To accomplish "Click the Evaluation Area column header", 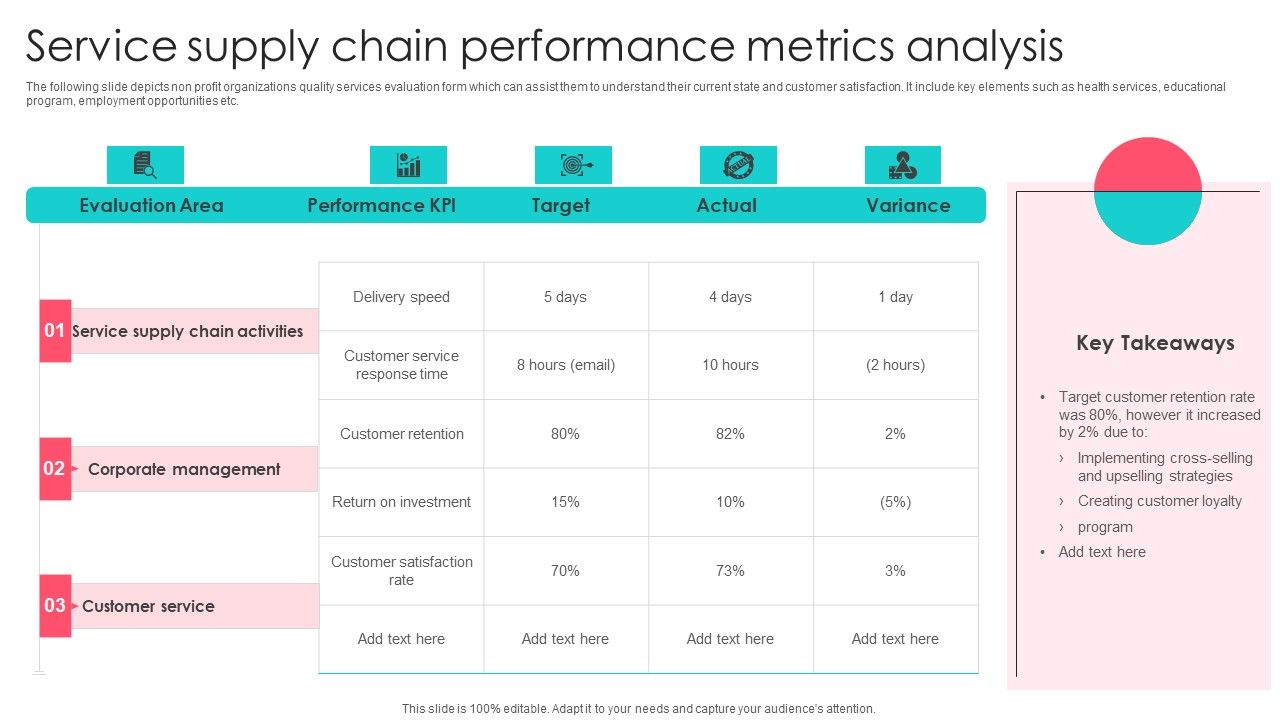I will pos(151,205).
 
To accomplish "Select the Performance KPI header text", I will pos(381,205).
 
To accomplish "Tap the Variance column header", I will pos(908,205).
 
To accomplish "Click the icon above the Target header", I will pos(573,165).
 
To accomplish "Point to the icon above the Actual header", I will pos(738,165).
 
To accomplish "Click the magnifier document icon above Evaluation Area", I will pos(145,165).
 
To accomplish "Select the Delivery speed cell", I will pos(401,297).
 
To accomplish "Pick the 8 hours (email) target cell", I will pos(566,365).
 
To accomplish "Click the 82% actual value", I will pos(730,434).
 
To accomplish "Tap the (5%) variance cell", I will pos(895,502).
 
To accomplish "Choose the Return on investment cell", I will pos(401,502).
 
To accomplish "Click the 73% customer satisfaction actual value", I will pos(730,571).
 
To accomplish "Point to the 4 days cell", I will pos(730,297).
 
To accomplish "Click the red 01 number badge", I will pos(55,331).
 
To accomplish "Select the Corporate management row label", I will pos(184,469).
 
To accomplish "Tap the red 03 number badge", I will pos(55,606).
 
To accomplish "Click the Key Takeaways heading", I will pos(1155,343).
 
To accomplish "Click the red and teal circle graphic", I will pos(1147,191).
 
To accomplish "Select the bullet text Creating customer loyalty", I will pos(1159,501).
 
